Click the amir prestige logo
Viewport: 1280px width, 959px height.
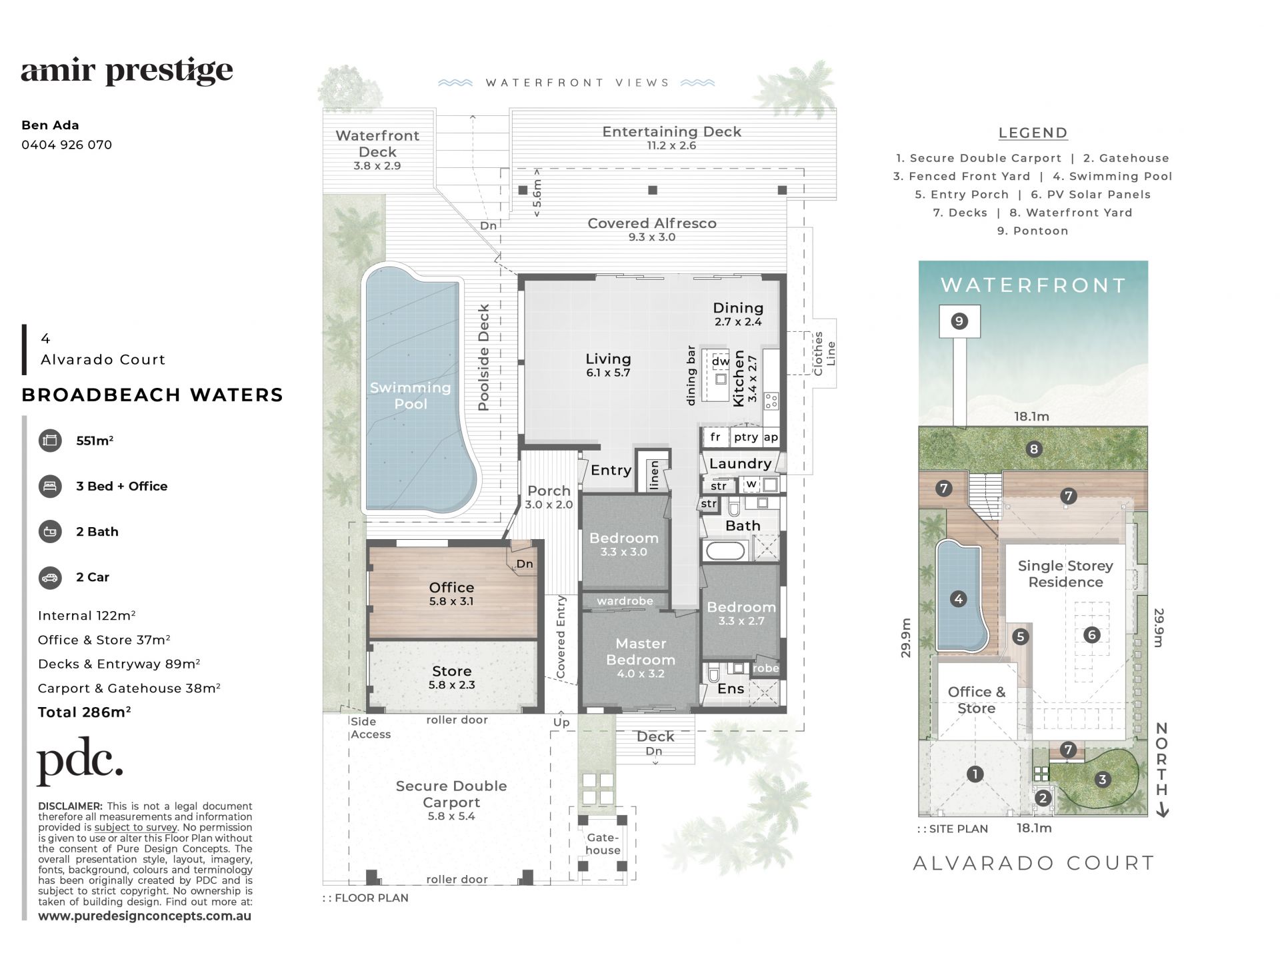pos(127,71)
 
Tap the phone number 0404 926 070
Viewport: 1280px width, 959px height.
pos(67,145)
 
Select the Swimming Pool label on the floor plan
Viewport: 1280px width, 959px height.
pos(411,395)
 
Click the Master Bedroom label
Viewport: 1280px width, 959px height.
pos(641,651)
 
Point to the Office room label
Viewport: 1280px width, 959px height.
pos(451,587)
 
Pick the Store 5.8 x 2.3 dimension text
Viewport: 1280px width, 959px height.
pos(452,684)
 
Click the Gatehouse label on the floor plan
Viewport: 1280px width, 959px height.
pos(603,844)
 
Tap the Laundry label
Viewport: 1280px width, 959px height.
pos(740,463)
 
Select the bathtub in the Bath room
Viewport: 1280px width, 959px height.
pos(725,551)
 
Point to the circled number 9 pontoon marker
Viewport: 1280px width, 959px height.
pos(959,321)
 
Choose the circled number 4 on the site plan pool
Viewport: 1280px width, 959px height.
pos(959,598)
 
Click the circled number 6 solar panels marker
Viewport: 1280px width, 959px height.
pos(1091,634)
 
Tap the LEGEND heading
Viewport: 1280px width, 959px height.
pos(1033,133)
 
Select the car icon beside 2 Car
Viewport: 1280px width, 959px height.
pos(50,577)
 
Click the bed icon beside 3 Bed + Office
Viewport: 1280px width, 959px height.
pos(50,486)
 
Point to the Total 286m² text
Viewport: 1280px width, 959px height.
pos(84,712)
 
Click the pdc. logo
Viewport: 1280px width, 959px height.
pos(80,761)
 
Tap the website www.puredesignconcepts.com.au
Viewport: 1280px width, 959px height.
pos(145,916)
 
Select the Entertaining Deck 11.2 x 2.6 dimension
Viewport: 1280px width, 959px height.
pos(672,145)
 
